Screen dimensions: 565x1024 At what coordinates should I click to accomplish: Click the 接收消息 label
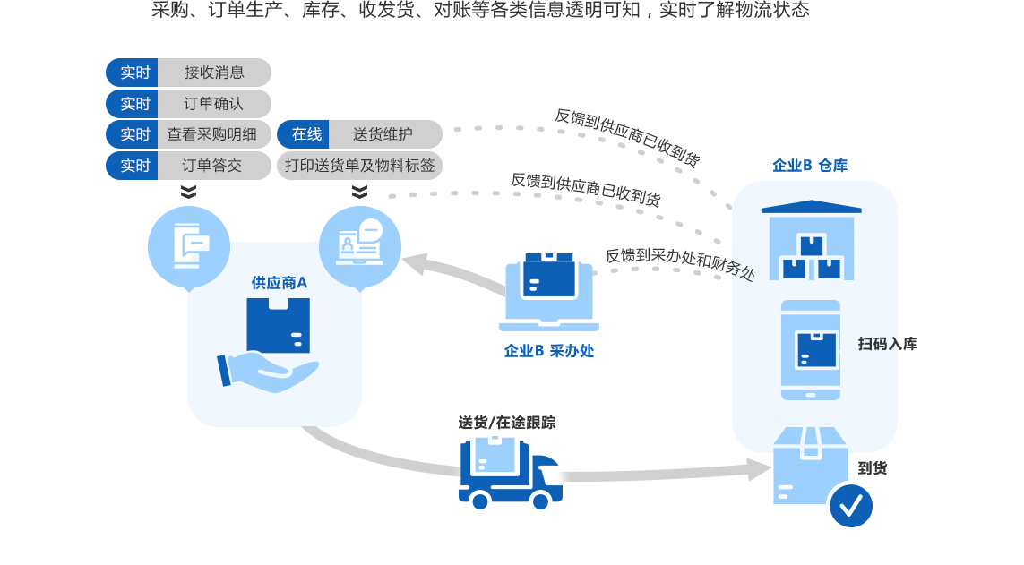click(214, 73)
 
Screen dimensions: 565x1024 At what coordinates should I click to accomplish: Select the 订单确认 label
click(213, 104)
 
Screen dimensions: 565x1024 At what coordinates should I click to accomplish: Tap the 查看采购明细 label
click(211, 135)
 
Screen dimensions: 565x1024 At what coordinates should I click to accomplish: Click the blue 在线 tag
click(306, 134)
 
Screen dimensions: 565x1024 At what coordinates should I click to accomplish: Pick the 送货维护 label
click(383, 134)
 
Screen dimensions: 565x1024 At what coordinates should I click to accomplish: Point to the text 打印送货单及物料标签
click(359, 166)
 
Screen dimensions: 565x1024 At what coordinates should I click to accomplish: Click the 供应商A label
click(279, 283)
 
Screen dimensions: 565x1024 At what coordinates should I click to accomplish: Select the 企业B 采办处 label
click(548, 351)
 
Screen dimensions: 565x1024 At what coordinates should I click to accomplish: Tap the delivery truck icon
click(511, 473)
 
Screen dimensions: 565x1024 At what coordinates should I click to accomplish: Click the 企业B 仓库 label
click(810, 166)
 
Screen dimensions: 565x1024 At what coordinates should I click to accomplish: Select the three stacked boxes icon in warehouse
click(812, 258)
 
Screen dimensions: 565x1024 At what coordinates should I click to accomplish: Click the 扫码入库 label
click(887, 344)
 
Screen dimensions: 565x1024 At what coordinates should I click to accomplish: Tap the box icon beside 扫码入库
click(816, 350)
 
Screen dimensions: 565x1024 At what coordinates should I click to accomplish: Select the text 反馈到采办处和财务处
click(680, 264)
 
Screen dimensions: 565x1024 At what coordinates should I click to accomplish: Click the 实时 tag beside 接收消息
click(134, 73)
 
